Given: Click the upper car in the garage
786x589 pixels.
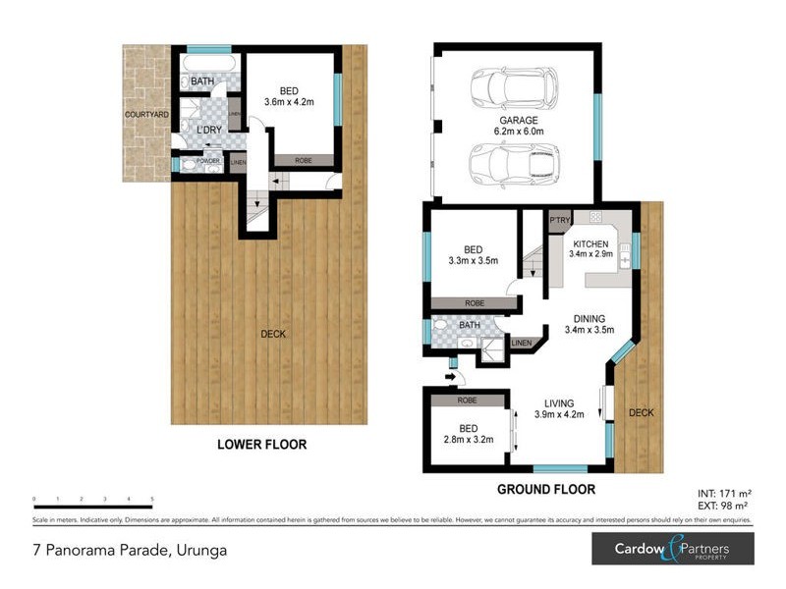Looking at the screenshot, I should (x=513, y=87).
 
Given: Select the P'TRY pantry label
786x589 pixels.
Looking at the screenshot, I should (x=560, y=220).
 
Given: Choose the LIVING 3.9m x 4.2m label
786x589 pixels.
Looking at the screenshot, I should (x=558, y=408).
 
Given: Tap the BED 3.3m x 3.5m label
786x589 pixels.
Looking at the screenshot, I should (x=475, y=255).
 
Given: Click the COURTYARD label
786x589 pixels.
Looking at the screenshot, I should (x=145, y=115).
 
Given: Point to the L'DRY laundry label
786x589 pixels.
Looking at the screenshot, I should (x=207, y=131).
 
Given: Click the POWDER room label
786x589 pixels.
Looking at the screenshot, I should (x=207, y=161).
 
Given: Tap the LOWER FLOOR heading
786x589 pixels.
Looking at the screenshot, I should (x=261, y=445).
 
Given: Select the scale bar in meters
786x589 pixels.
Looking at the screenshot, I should (x=93, y=507).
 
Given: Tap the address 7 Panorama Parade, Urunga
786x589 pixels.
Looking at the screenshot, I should (x=130, y=550).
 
